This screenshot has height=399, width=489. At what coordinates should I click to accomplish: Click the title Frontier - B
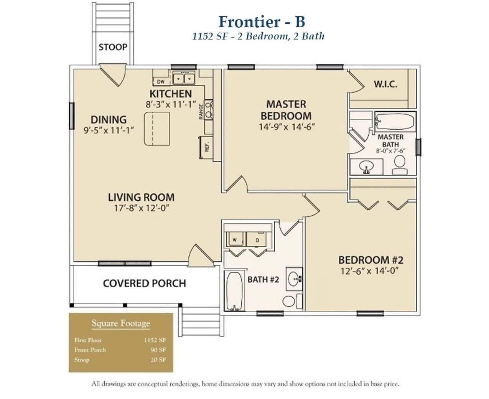click(262, 22)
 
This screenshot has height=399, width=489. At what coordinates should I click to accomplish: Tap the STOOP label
click(112, 47)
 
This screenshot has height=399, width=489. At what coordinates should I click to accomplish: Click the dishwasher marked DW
click(161, 81)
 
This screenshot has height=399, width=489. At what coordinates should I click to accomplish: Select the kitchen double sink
click(184, 79)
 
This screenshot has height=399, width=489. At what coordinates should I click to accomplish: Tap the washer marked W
click(234, 239)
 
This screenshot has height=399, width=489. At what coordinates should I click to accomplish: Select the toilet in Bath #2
click(291, 300)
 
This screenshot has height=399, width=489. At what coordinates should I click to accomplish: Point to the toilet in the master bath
click(400, 162)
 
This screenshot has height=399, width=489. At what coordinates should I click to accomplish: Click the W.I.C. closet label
click(385, 84)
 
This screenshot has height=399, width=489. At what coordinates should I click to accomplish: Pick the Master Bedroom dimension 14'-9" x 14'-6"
click(286, 126)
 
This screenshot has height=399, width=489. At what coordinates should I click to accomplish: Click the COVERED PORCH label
click(144, 284)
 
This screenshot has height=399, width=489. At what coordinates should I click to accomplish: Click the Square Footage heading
click(121, 323)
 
